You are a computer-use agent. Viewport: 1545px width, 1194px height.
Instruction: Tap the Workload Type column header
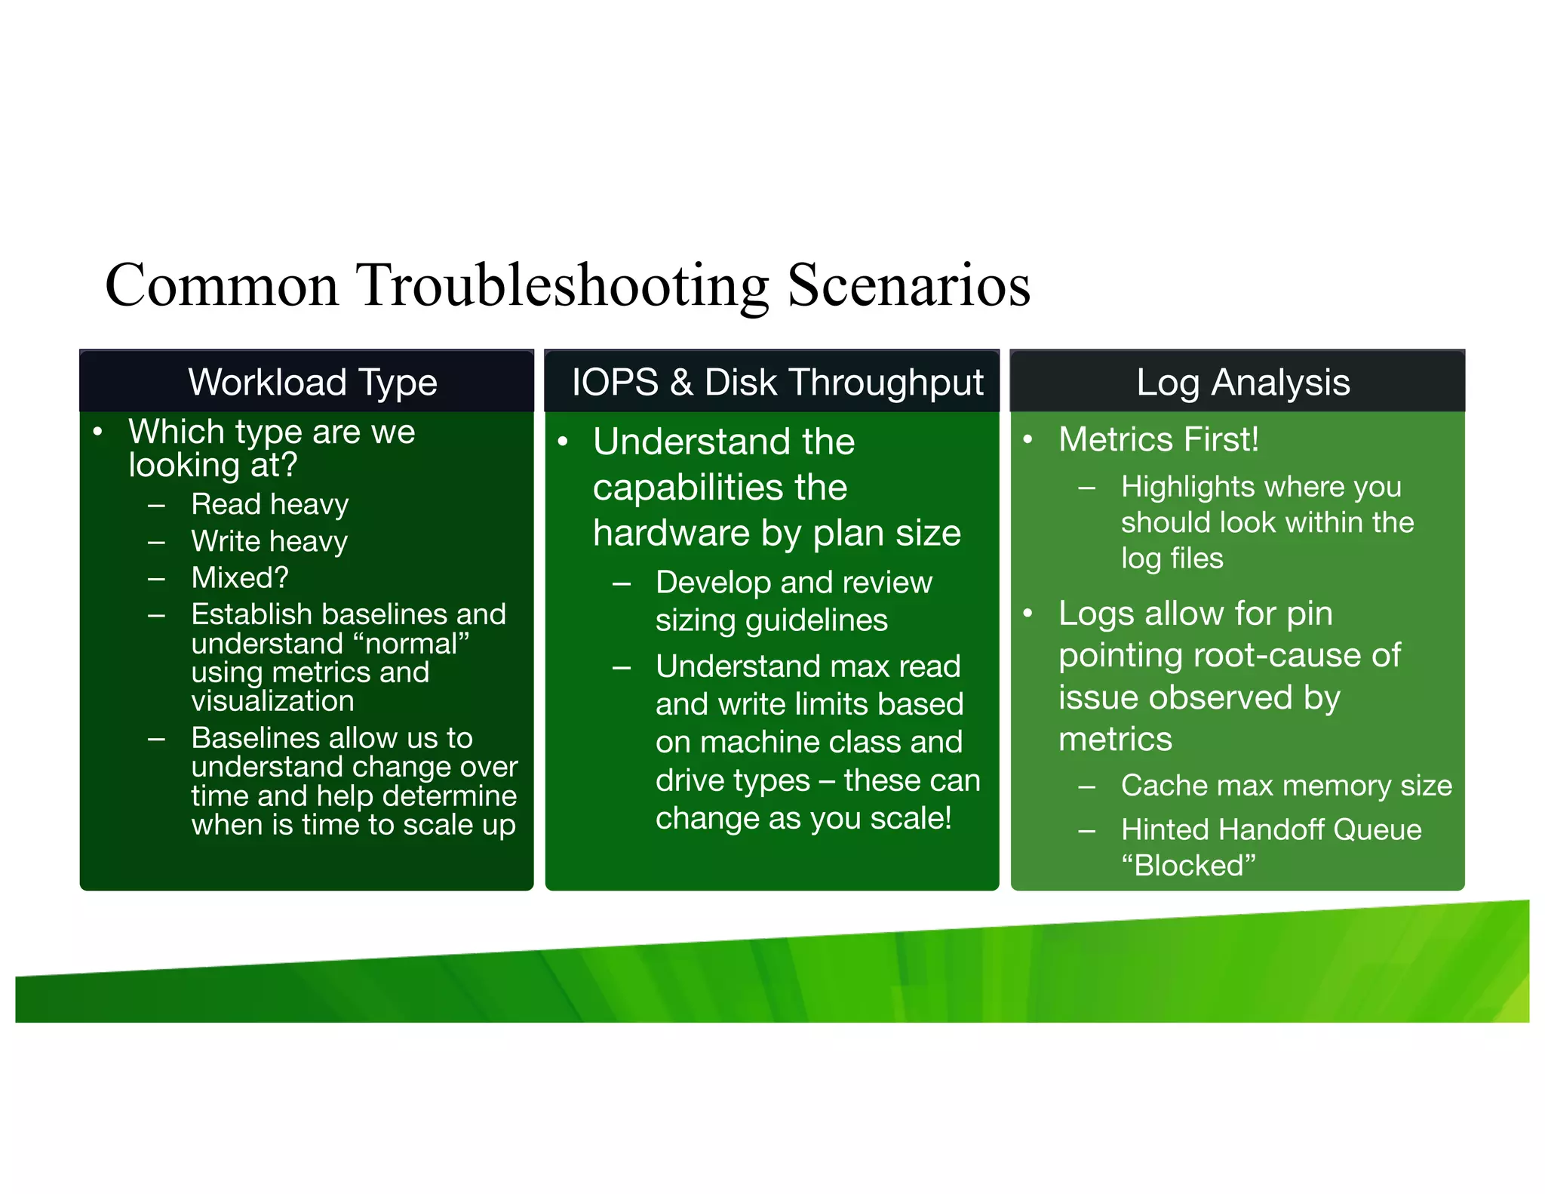(x=312, y=382)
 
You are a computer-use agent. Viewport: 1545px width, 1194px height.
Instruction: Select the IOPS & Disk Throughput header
(x=777, y=382)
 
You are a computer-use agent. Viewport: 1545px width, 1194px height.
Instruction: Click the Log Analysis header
(x=1242, y=382)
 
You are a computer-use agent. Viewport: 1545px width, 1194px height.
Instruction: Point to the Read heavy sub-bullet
(x=269, y=504)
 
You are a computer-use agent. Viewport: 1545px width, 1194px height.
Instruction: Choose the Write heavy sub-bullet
(x=269, y=541)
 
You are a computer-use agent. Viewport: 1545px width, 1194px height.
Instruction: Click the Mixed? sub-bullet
(x=240, y=577)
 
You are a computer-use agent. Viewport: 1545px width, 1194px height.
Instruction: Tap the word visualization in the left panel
(x=272, y=701)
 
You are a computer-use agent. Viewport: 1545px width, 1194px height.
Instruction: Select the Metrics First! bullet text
(x=1158, y=439)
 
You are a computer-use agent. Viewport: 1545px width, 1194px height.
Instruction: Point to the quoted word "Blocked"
(x=1188, y=866)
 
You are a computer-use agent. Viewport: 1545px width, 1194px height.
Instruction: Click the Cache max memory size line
(x=1285, y=786)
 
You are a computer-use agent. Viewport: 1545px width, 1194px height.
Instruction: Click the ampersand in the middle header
(x=681, y=382)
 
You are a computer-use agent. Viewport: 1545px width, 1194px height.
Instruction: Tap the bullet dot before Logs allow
(x=1027, y=613)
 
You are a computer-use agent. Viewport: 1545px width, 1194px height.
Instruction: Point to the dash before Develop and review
(x=622, y=583)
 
